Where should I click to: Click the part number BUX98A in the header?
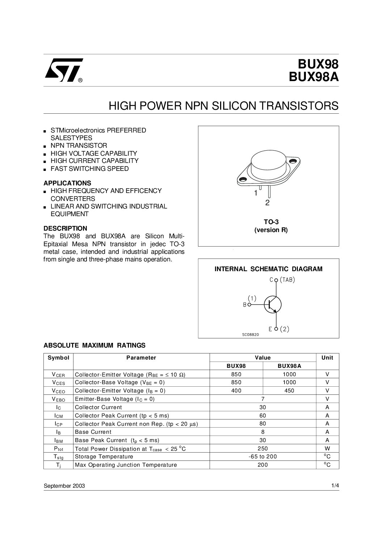pos(318,78)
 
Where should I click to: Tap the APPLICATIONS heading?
pos(67,183)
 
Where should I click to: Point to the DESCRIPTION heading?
pos(65,228)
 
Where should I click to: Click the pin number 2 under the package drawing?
pos(267,203)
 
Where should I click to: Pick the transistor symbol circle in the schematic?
pos(272,304)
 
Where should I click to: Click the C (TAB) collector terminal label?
pos(283,280)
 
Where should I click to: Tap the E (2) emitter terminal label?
pos(279,329)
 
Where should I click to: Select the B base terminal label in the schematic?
pos(244,305)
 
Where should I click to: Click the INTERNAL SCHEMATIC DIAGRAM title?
pos(268,269)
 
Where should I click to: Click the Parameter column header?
pos(141,358)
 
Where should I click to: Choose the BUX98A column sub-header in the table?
pos(289,366)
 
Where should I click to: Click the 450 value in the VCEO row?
pos(289,391)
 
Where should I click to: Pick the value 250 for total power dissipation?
pos(263,449)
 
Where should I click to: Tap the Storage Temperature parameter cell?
pos(104,457)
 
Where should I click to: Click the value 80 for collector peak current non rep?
pos(263,424)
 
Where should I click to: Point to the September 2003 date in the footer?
pos(64,486)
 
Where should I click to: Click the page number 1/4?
pos(335,486)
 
